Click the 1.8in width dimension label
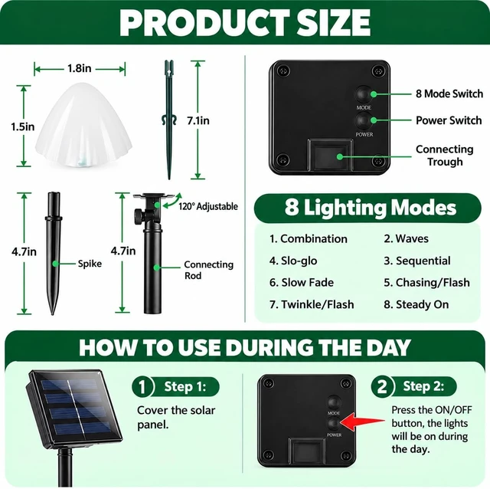(x=80, y=68)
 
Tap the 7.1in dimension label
(x=198, y=120)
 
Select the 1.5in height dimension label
(x=22, y=126)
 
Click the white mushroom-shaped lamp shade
(x=83, y=124)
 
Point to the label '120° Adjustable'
(x=208, y=206)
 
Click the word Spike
(x=90, y=264)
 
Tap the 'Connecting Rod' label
(x=208, y=270)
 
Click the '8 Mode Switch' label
(x=449, y=94)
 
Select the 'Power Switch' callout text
(x=449, y=120)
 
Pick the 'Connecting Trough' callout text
(x=444, y=156)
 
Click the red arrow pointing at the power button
(x=362, y=422)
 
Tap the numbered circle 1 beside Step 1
(x=142, y=387)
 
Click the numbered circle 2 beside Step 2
(x=382, y=386)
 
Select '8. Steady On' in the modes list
(x=416, y=304)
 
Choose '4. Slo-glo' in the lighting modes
(x=293, y=261)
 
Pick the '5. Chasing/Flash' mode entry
(x=426, y=283)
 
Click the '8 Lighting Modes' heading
(x=371, y=208)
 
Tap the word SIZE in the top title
(x=334, y=23)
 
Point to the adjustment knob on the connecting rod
(x=138, y=216)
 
